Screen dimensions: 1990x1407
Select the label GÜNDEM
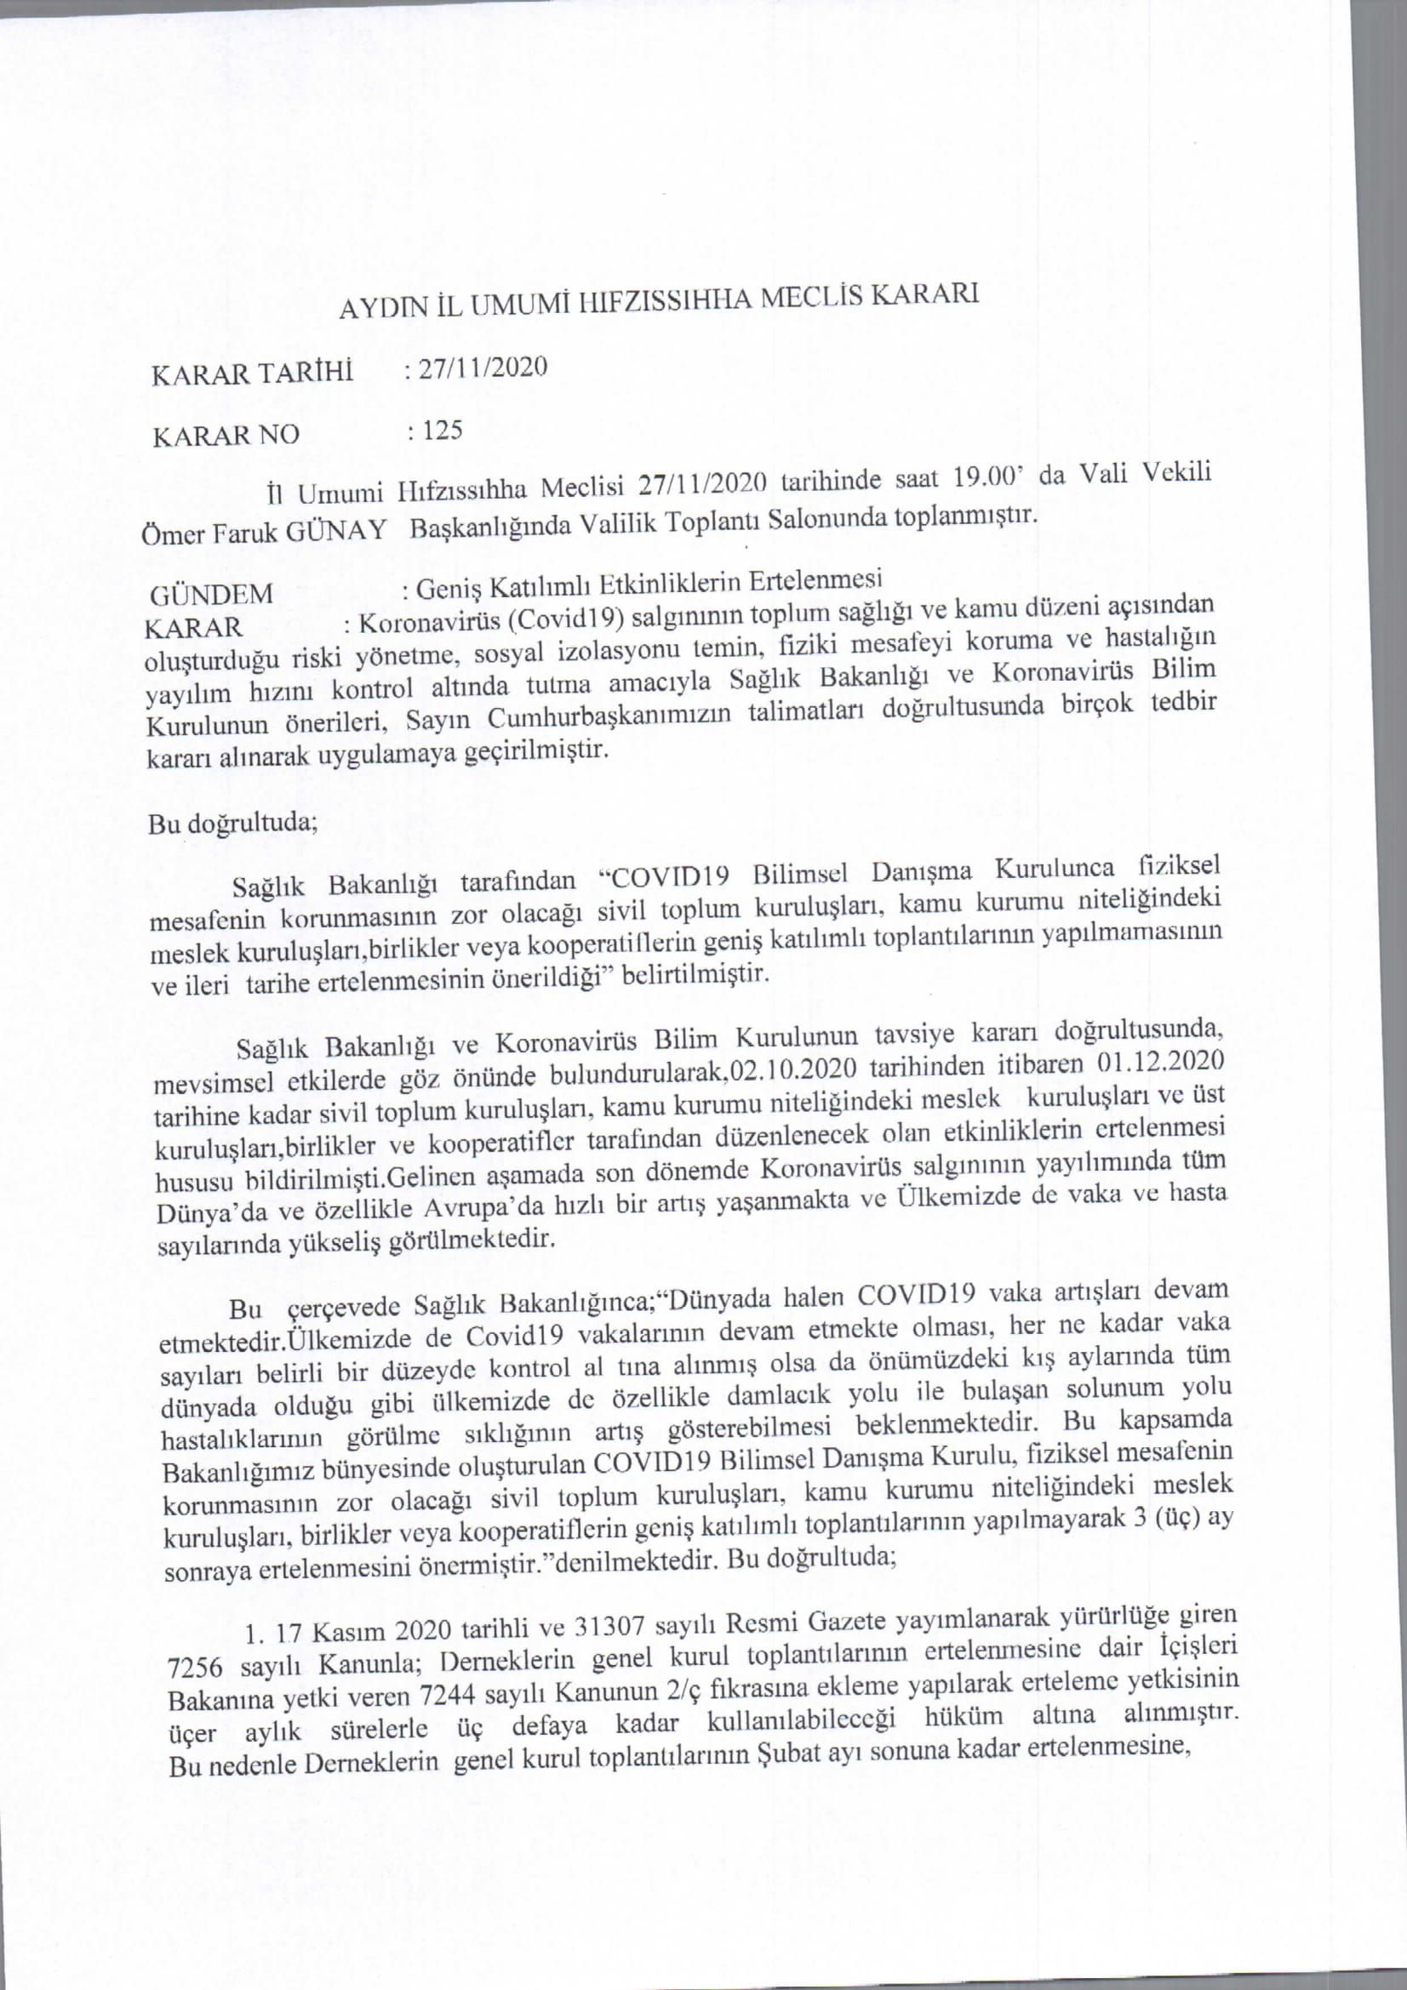[212, 596]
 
